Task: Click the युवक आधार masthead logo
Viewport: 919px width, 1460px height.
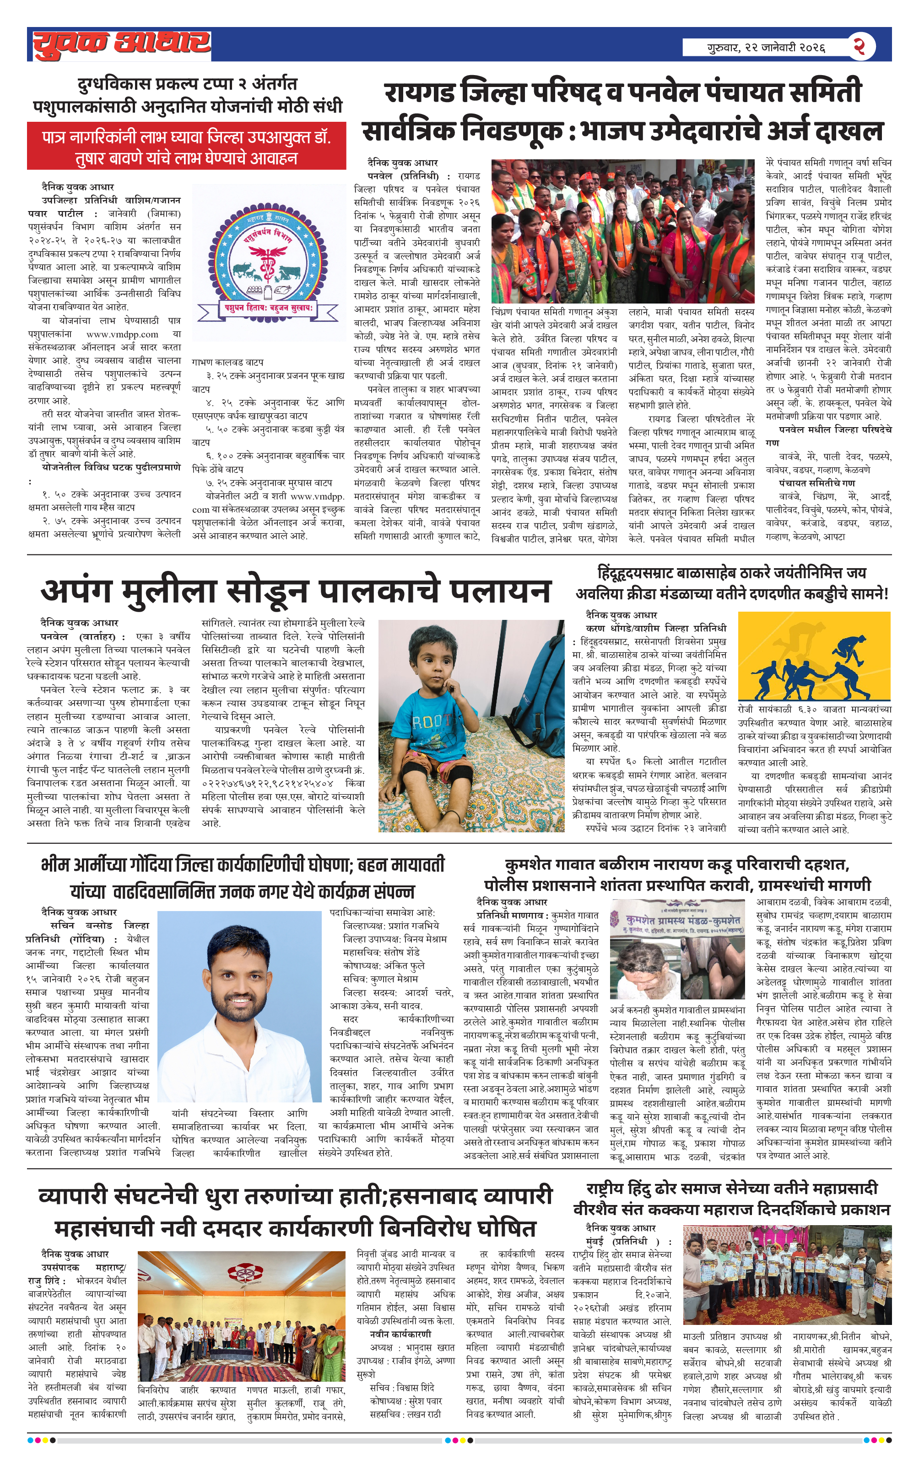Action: click(121, 44)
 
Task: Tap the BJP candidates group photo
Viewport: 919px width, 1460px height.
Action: click(622, 231)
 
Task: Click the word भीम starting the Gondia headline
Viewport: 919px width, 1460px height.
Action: click(54, 865)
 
